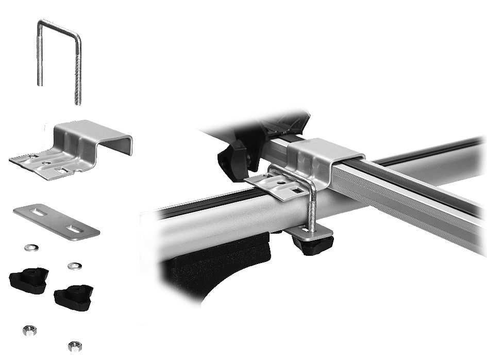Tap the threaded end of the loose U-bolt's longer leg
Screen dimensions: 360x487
click(78, 88)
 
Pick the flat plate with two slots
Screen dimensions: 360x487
click(56, 222)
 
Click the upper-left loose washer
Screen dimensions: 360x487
click(31, 248)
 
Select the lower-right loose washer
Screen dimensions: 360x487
click(74, 266)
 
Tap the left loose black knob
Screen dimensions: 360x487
click(28, 280)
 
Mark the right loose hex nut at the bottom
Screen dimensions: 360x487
click(73, 345)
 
